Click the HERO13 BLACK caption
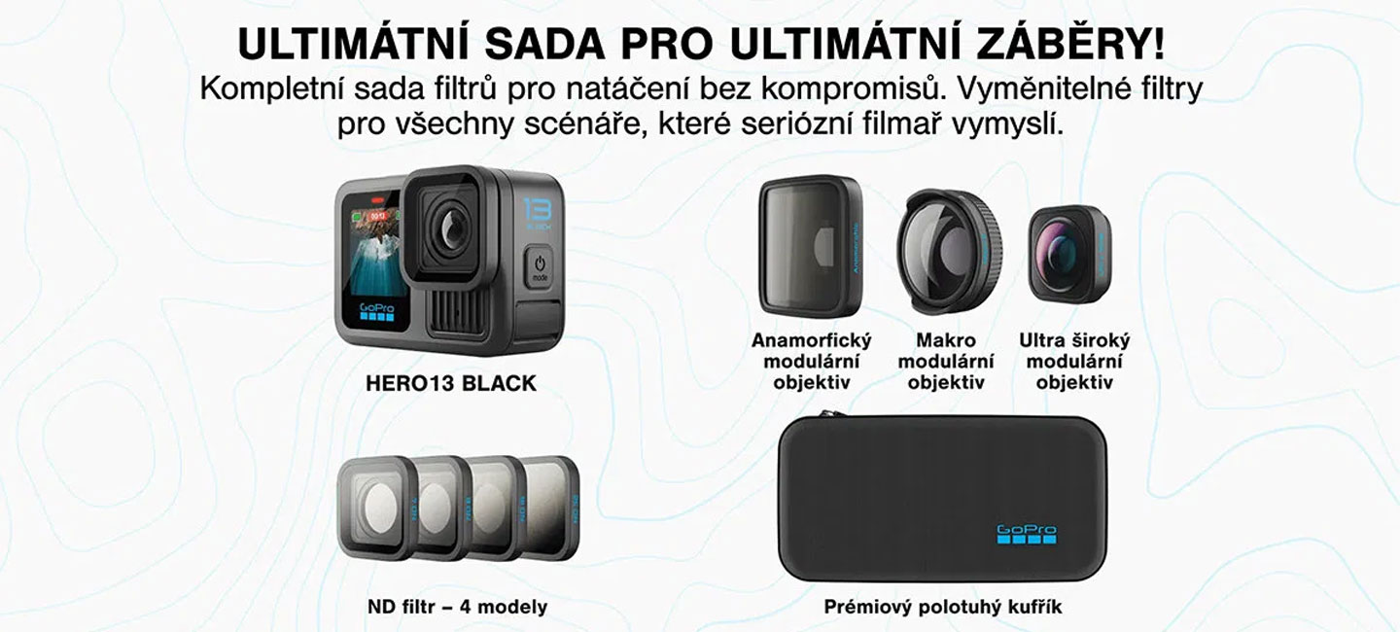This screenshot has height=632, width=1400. pos(450,383)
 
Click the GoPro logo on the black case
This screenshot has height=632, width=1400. pos(1026,533)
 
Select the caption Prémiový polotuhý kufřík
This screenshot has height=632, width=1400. pos(942,608)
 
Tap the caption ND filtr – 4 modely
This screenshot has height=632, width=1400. pos(457,608)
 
